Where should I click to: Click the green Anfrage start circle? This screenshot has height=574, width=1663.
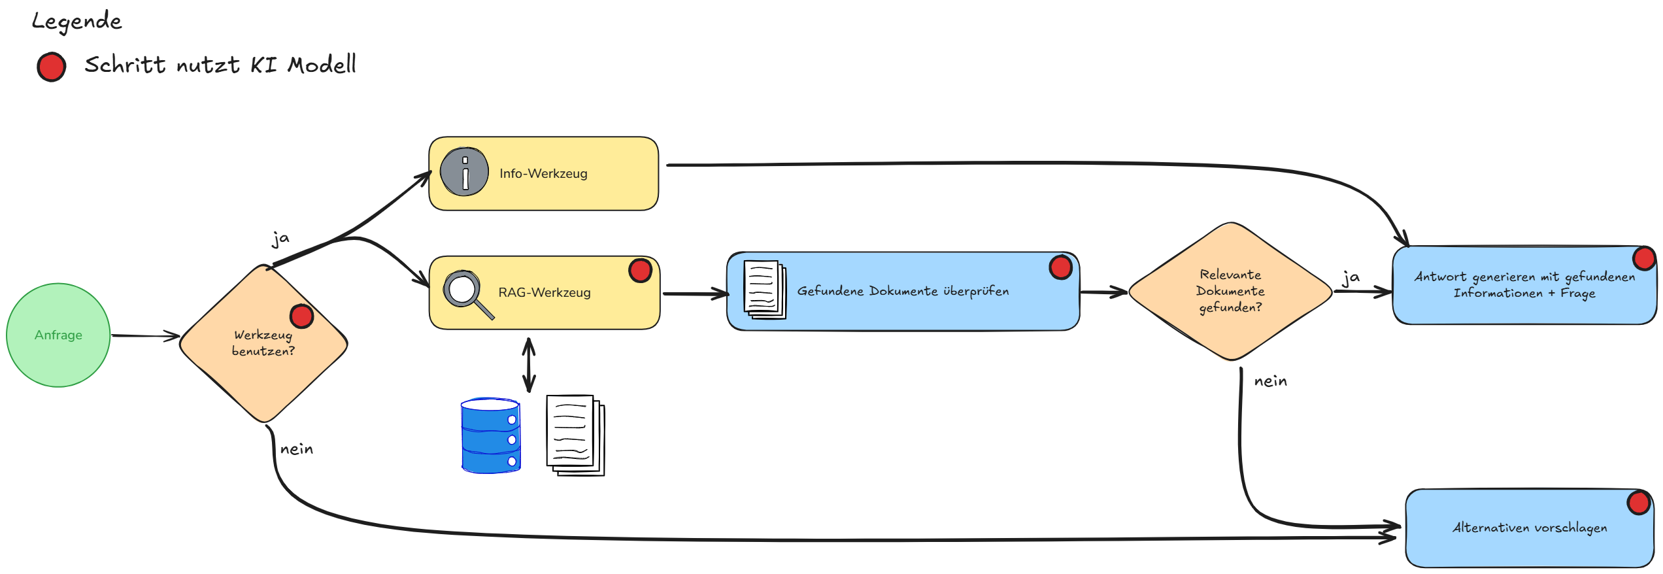click(58, 335)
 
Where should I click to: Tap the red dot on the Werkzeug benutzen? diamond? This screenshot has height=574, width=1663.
click(301, 316)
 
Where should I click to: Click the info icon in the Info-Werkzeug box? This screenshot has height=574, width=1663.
click(464, 172)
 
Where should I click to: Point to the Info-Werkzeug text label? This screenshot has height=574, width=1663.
click(543, 173)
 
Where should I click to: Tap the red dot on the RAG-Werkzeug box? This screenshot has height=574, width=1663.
click(640, 270)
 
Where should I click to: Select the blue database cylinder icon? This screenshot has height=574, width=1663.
click(490, 435)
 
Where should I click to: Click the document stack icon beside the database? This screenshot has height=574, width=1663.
click(575, 435)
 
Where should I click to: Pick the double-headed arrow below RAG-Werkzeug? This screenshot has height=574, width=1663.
click(529, 365)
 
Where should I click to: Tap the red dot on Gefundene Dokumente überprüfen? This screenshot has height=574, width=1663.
click(1060, 267)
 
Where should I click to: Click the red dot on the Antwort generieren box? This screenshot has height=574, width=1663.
click(1644, 258)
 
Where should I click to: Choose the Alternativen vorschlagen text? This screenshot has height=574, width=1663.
click(1530, 528)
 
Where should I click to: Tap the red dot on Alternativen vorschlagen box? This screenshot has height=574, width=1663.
click(1639, 503)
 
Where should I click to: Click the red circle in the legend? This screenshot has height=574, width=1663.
click(51, 67)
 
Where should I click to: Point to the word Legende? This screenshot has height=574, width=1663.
click(76, 22)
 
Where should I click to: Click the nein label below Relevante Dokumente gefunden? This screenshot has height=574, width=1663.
click(1270, 381)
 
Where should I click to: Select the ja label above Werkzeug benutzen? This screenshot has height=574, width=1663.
click(280, 239)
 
